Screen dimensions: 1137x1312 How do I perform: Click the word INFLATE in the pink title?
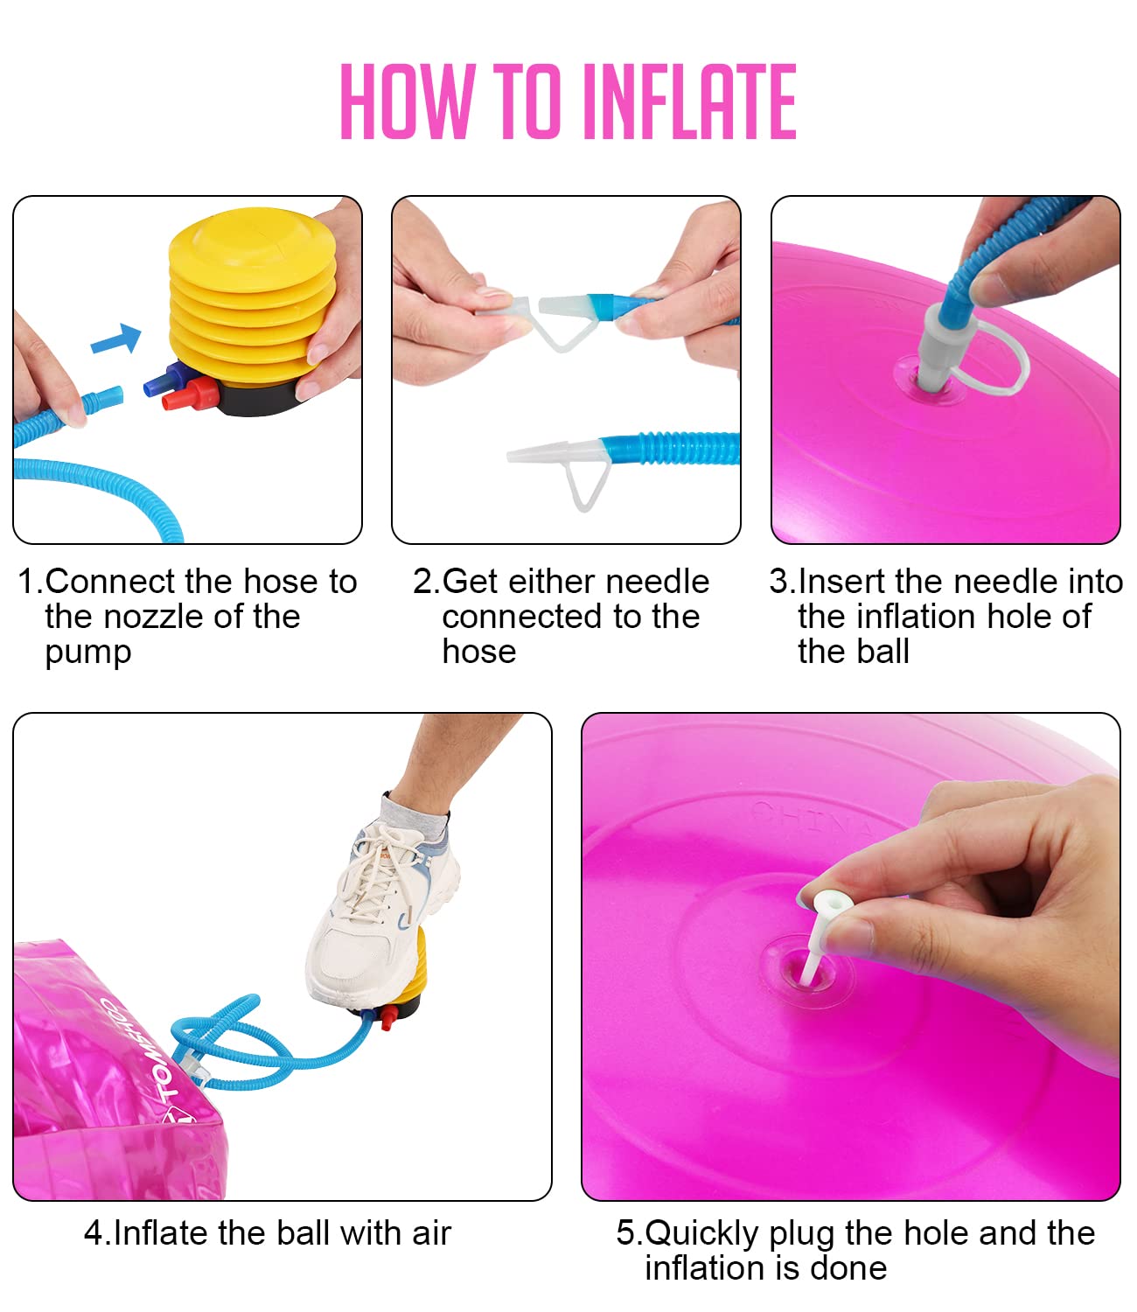coord(689,101)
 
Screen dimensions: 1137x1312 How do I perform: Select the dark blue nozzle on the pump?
coord(164,380)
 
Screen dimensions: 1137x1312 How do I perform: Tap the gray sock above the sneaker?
coord(415,813)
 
